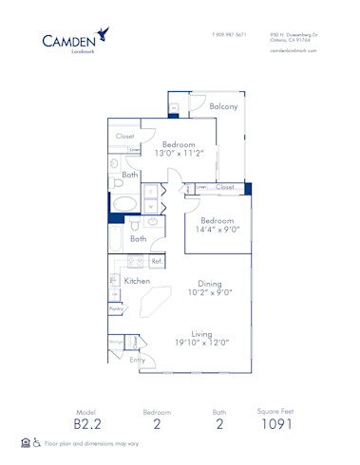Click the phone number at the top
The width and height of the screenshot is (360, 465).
tap(229, 34)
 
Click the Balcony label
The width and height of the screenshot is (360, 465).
tap(223, 106)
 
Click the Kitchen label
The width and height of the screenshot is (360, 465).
tap(138, 281)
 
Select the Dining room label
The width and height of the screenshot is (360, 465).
tap(209, 282)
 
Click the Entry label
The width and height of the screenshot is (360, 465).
tap(138, 360)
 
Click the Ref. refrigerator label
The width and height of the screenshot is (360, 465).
tap(156, 260)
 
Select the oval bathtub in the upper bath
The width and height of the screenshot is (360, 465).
tap(123, 203)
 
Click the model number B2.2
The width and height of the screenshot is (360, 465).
tap(88, 425)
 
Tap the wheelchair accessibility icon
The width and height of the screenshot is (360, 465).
tap(37, 443)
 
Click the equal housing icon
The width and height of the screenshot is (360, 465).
tap(24, 443)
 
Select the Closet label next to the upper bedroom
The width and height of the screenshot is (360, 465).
tap(125, 136)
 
